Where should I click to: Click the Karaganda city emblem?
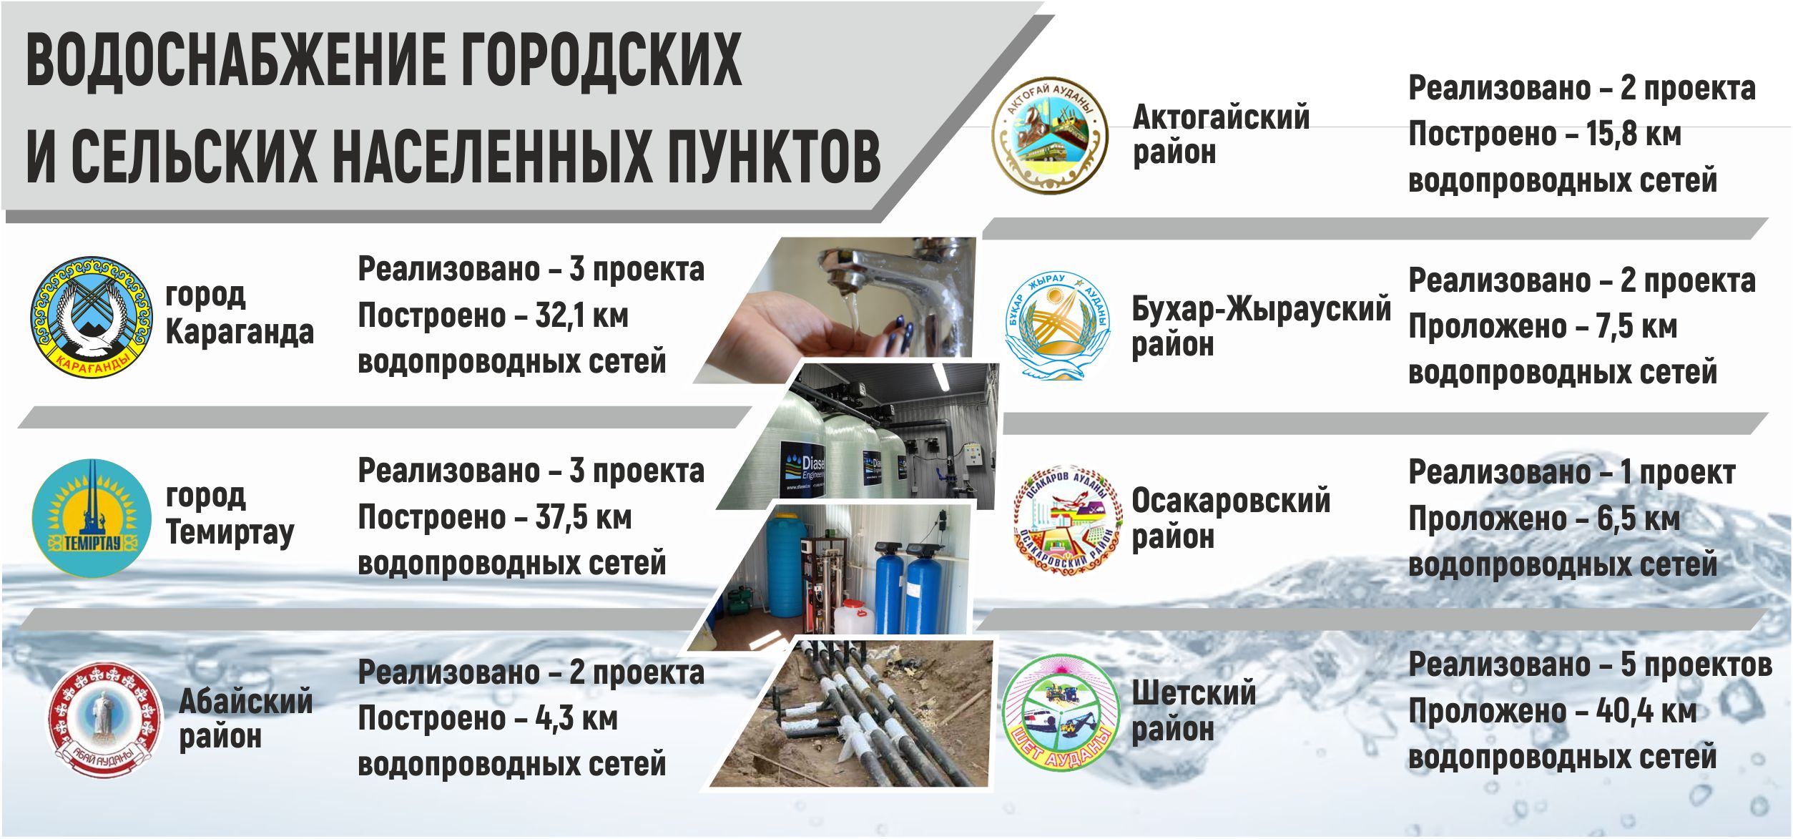pos(92,318)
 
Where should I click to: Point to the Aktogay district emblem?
pos(1049,136)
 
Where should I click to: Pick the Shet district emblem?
pos(1060,712)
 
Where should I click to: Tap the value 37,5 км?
pos(584,517)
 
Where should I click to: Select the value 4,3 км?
pos(576,718)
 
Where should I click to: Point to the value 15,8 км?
pos(1634,134)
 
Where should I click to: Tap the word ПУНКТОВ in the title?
pos(774,155)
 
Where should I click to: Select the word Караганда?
pos(240,332)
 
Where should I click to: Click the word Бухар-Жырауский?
pos(1262,309)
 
